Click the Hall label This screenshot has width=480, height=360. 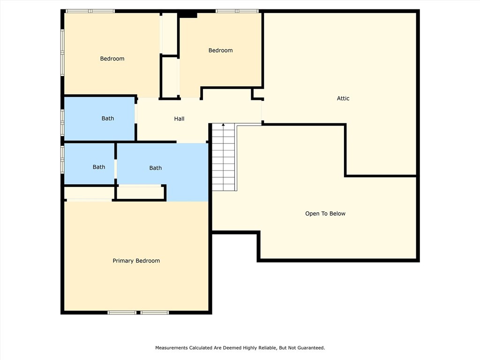click(x=179, y=119)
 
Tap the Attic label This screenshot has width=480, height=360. click(x=343, y=98)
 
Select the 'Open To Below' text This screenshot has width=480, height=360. click(x=325, y=214)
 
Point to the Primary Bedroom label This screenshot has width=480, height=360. click(x=136, y=261)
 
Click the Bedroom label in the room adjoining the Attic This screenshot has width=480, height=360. click(x=220, y=51)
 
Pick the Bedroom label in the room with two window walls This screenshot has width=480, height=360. click(x=112, y=59)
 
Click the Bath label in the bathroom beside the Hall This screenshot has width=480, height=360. click(x=108, y=119)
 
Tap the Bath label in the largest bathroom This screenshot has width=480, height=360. click(x=156, y=168)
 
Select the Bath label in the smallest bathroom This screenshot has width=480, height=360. click(x=99, y=167)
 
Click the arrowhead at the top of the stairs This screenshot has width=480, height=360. click(x=224, y=125)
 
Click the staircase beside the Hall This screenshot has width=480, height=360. click(x=224, y=157)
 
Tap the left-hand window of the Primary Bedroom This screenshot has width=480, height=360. click(x=122, y=313)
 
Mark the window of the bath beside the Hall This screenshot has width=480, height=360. click(x=62, y=122)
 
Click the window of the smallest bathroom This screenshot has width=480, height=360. click(x=62, y=160)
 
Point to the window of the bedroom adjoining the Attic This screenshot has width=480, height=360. click(x=237, y=11)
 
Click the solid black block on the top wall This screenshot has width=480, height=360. click(x=187, y=15)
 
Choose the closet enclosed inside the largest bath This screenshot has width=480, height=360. click(x=140, y=192)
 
